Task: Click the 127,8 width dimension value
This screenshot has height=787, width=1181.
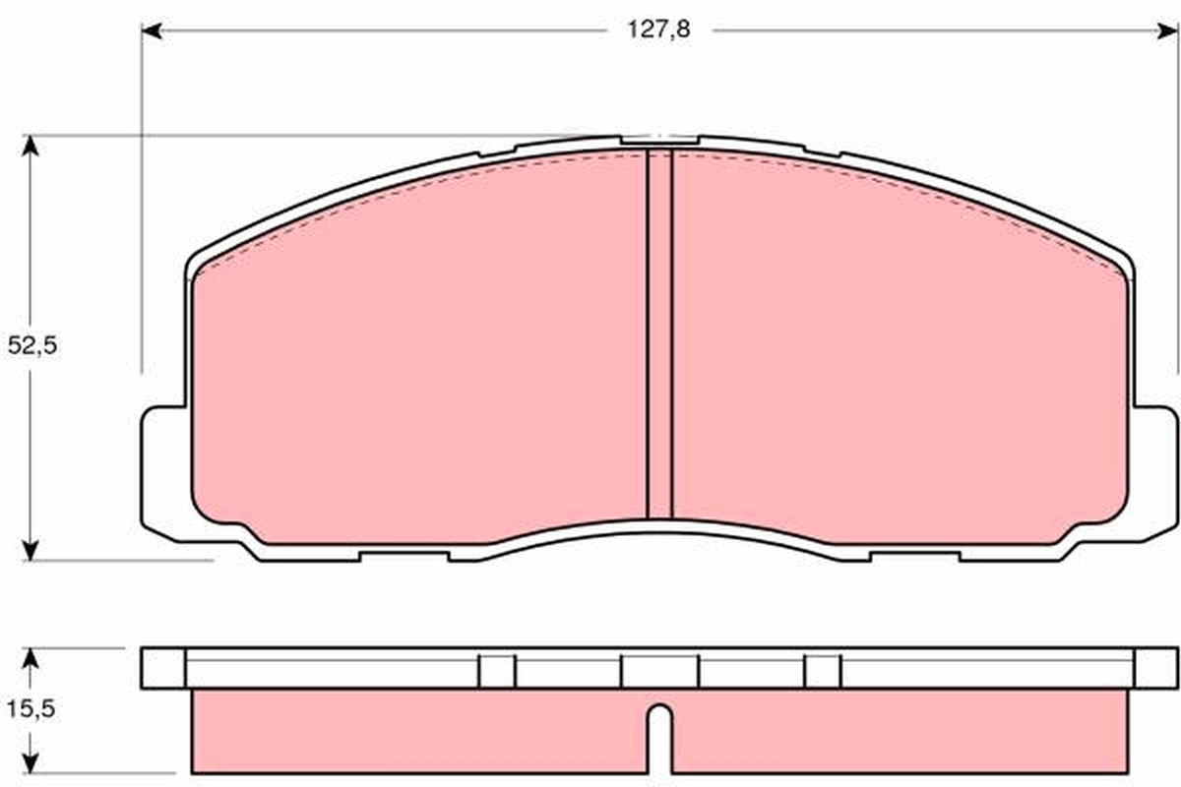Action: click(659, 30)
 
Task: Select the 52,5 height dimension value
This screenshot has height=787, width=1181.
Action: click(31, 346)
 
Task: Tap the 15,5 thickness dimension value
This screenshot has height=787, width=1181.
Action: click(31, 709)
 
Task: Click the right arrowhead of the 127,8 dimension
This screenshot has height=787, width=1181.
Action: click(1170, 31)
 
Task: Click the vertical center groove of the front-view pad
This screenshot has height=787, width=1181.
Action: click(658, 334)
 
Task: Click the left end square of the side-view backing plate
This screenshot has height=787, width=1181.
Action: click(163, 668)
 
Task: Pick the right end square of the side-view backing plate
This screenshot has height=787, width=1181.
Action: click(1155, 668)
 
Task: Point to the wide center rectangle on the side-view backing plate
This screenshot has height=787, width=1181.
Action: click(659, 671)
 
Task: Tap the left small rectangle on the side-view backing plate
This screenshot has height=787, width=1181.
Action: click(497, 671)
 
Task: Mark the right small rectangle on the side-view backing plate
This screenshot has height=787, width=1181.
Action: click(823, 671)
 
